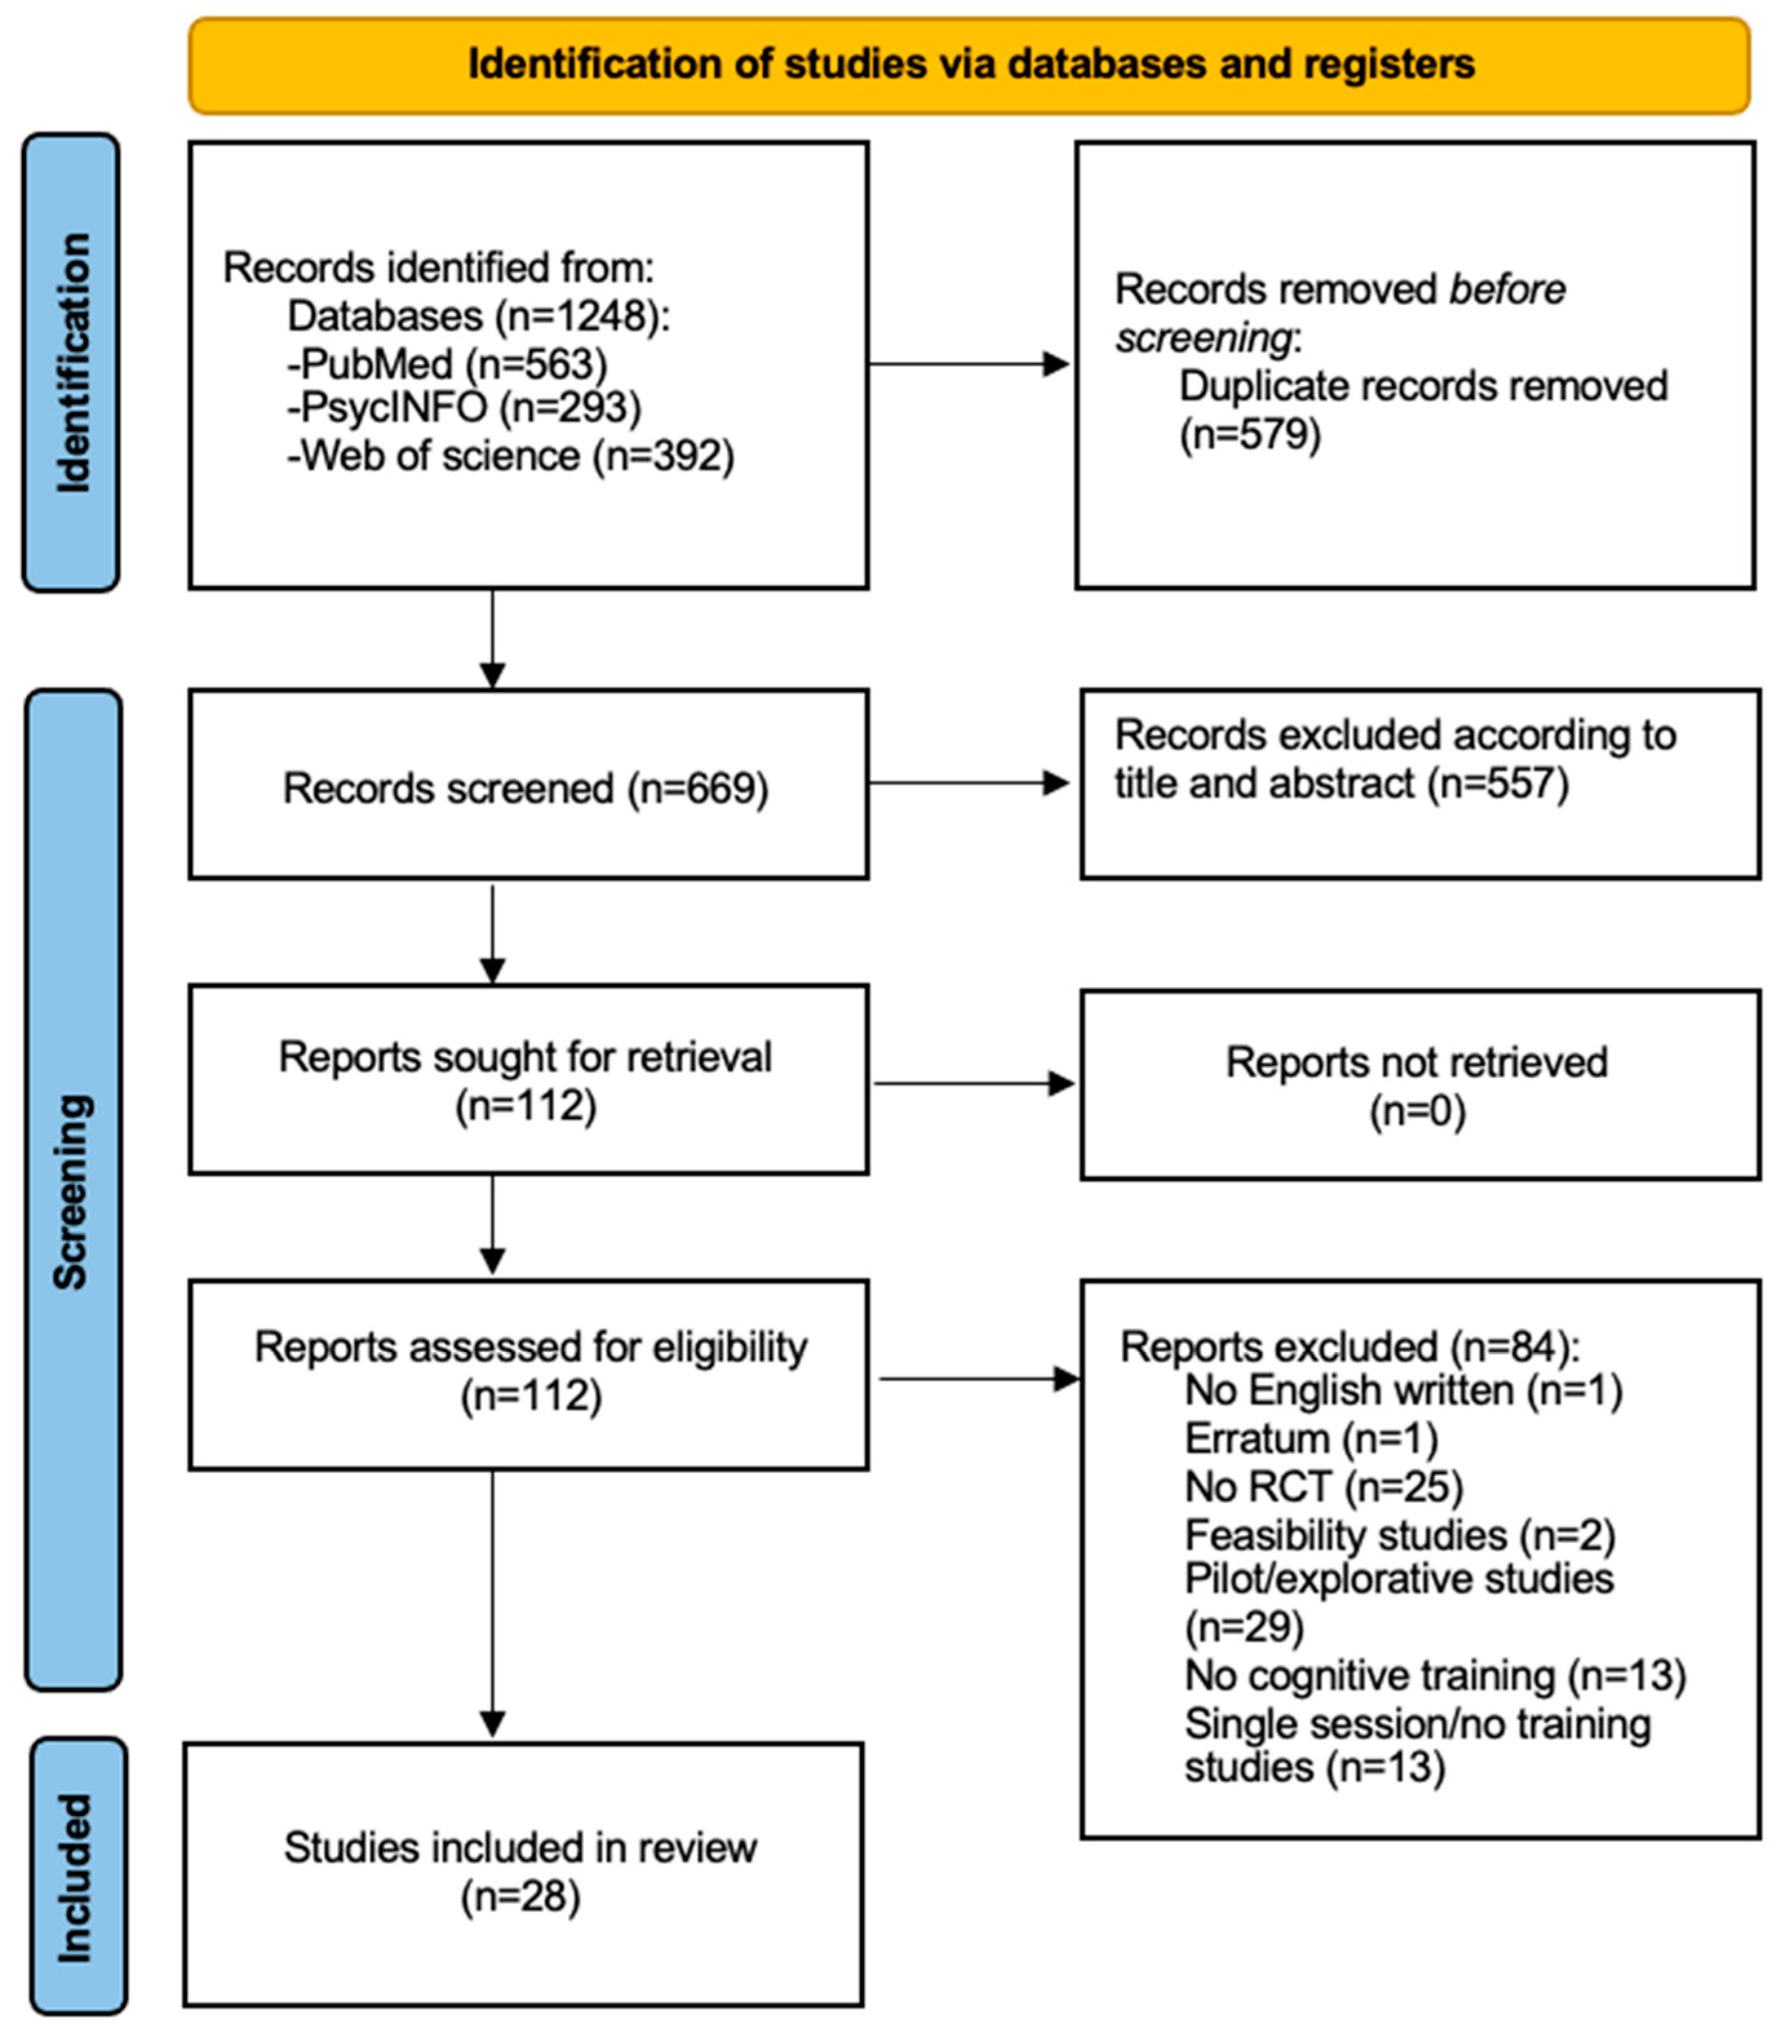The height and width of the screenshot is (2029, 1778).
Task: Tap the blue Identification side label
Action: (x=72, y=363)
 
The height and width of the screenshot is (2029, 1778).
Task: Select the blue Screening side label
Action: (x=72, y=1191)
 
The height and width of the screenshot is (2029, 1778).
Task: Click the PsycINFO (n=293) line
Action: (x=464, y=407)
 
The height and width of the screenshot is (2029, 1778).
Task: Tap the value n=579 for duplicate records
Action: (x=1249, y=435)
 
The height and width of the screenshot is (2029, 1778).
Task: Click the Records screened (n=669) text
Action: (x=526, y=788)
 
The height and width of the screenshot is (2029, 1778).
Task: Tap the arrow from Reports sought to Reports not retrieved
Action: (x=972, y=1084)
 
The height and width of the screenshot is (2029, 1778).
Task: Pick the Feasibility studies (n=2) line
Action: (x=1399, y=1535)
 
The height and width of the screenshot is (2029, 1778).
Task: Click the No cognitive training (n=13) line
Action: (x=1434, y=1676)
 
